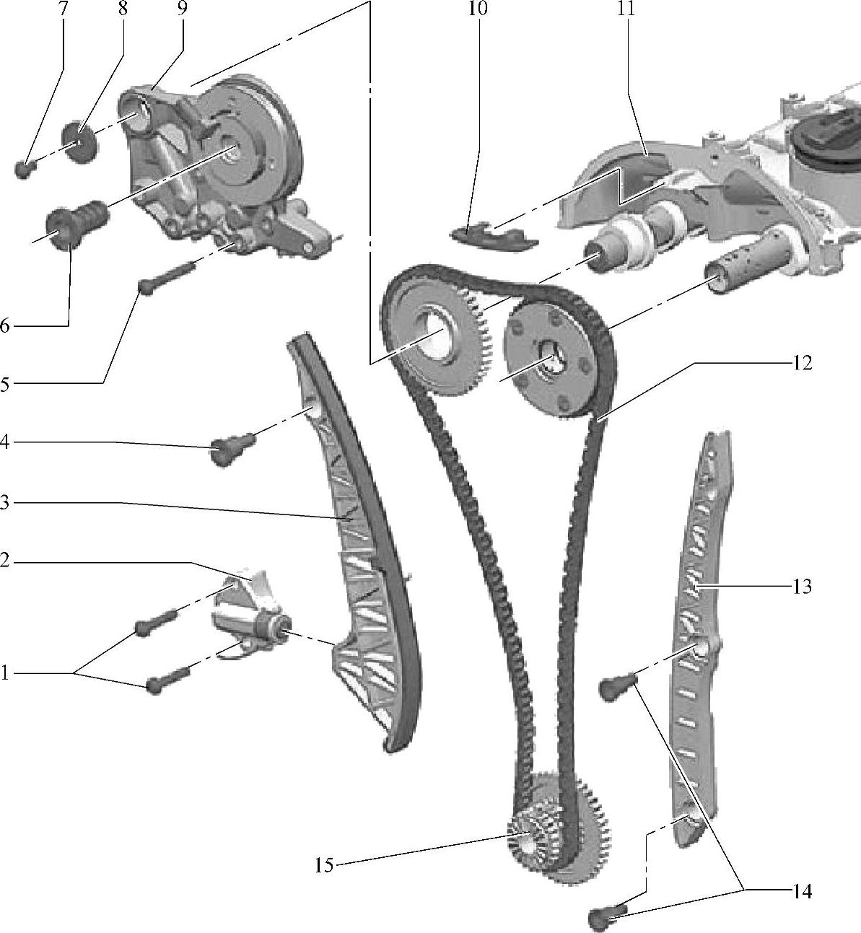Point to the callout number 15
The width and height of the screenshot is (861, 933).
click(x=324, y=864)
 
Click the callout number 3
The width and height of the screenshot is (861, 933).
click(x=5, y=503)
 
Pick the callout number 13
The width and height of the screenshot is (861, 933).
click(x=802, y=587)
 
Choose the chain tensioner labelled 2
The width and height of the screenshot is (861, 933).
click(x=249, y=610)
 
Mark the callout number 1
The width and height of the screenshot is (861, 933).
click(x=5, y=674)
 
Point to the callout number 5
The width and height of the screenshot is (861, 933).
click(x=5, y=384)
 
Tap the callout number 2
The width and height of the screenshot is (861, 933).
click(x=5, y=561)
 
